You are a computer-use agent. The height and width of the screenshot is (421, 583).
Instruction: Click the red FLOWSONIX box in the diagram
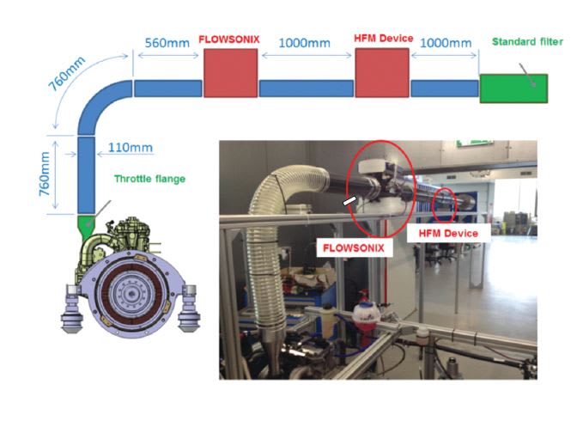pos(230,73)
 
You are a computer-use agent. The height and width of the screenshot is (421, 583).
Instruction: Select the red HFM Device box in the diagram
pos(380,73)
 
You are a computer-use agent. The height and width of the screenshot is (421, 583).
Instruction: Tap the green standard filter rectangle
pos(513,89)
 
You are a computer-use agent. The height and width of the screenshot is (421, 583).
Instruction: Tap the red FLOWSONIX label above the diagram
pos(229,40)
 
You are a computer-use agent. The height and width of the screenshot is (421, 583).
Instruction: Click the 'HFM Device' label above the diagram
pos(384,39)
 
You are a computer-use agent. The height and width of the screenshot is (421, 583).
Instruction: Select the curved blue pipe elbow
pos(99,103)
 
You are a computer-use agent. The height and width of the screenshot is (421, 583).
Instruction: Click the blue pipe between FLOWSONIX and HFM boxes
pos(306,88)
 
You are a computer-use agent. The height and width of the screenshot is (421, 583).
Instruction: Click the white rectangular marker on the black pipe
pos(350,201)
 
